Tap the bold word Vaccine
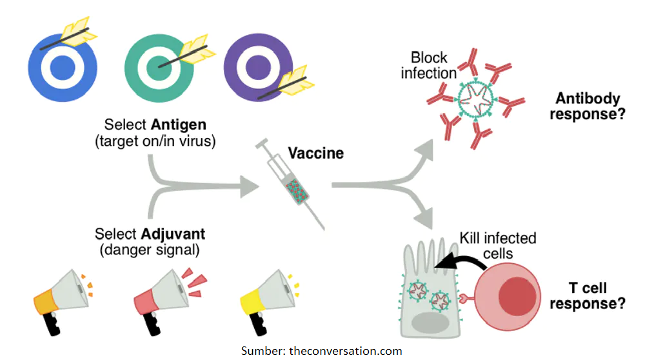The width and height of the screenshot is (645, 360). [x=315, y=154]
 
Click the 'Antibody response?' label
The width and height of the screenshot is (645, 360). [x=588, y=106]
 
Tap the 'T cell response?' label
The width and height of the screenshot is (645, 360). [x=589, y=296]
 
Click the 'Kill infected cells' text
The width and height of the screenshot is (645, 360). [x=497, y=245]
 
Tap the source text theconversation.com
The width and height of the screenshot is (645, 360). [x=346, y=351]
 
